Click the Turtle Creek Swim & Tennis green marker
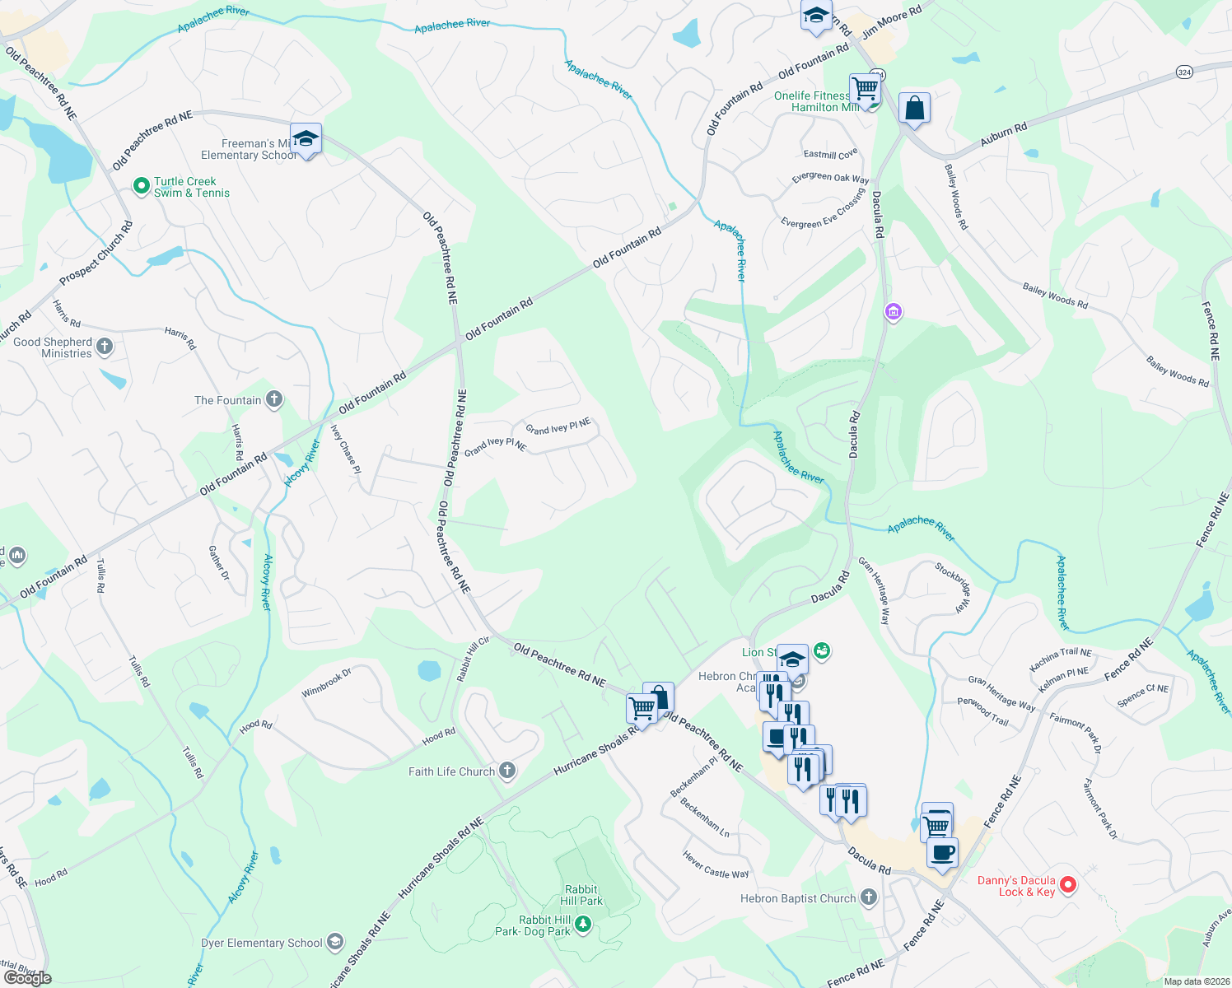(142, 187)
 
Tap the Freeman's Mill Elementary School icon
(306, 139)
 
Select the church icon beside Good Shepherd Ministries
(105, 347)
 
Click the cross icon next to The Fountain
(274, 400)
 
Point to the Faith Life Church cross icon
(507, 771)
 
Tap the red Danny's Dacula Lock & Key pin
(1068, 885)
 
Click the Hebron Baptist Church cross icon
(869, 897)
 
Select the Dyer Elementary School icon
(334, 942)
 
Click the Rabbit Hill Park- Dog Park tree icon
(583, 925)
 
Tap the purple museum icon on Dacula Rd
(894, 312)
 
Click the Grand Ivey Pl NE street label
(558, 426)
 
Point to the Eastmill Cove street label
(830, 154)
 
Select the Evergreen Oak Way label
(830, 178)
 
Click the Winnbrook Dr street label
(326, 683)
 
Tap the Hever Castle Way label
(716, 864)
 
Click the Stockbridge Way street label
(953, 586)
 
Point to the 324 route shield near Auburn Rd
(1184, 72)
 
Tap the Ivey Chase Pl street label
(345, 449)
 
